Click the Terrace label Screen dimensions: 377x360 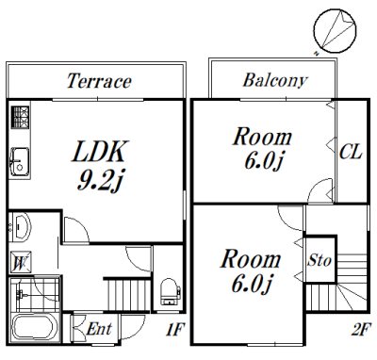[x=99, y=81]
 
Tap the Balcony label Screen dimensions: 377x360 [x=275, y=80]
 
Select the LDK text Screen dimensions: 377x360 [x=100, y=152]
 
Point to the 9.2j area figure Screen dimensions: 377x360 [x=99, y=181]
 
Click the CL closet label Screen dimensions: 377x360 [x=351, y=152]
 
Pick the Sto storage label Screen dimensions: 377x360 [x=320, y=260]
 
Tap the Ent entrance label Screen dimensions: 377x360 [x=99, y=329]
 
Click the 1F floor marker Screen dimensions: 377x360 [x=174, y=330]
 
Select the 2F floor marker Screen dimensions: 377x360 [x=360, y=330]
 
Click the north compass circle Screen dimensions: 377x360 [x=335, y=30]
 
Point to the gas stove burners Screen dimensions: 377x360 [x=20, y=117]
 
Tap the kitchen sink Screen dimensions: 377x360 [x=20, y=162]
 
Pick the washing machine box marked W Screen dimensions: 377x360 [x=20, y=262]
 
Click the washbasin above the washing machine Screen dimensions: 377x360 [x=20, y=227]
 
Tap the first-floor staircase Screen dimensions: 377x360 [x=128, y=295]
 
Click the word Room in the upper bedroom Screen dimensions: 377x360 [x=262, y=137]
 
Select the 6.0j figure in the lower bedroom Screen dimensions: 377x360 [x=251, y=284]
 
